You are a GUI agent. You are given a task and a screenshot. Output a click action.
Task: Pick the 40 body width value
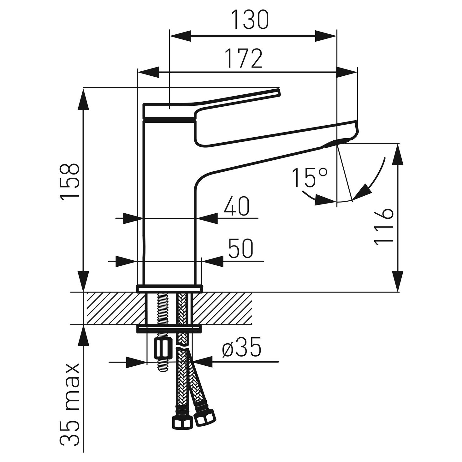pos(236,207)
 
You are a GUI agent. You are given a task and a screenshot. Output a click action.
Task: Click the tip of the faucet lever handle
pos(278,92)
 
